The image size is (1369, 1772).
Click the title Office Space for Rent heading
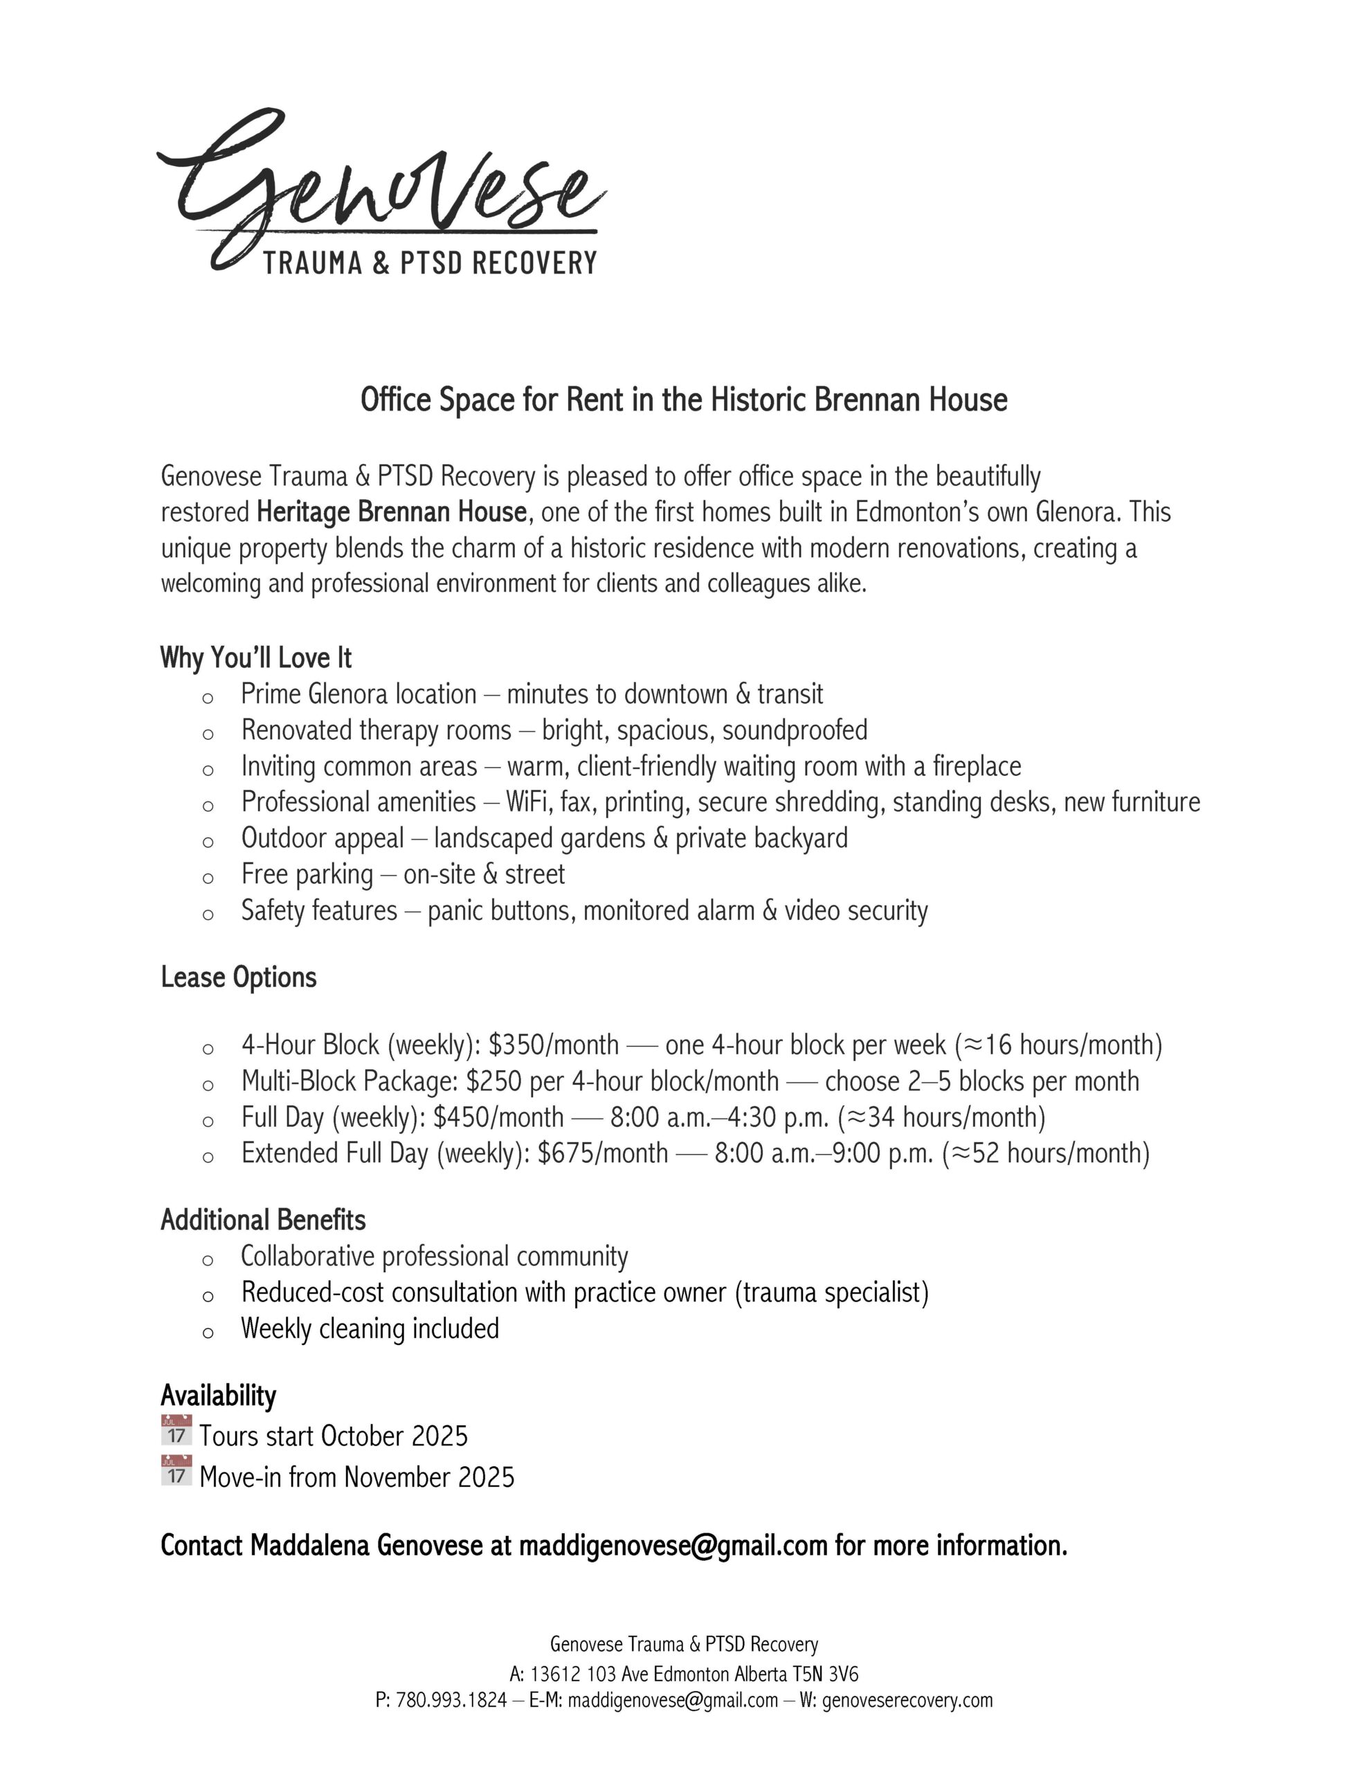tap(683, 400)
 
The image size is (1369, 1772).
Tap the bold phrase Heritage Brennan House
tap(392, 513)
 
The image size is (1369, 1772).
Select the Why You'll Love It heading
tap(255, 657)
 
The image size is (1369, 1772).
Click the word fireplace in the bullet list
tap(977, 767)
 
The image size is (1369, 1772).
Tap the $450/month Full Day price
tap(498, 1118)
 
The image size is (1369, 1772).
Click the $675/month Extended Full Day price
tap(603, 1154)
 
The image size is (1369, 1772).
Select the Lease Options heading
tap(239, 977)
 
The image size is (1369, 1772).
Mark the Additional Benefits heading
tap(263, 1220)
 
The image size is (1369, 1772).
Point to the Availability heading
tap(218, 1395)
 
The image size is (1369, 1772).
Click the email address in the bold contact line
tap(673, 1546)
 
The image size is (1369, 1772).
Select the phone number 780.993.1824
tap(451, 1701)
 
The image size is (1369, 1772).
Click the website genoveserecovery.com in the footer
tap(907, 1701)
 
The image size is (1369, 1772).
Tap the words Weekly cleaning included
tap(370, 1329)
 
